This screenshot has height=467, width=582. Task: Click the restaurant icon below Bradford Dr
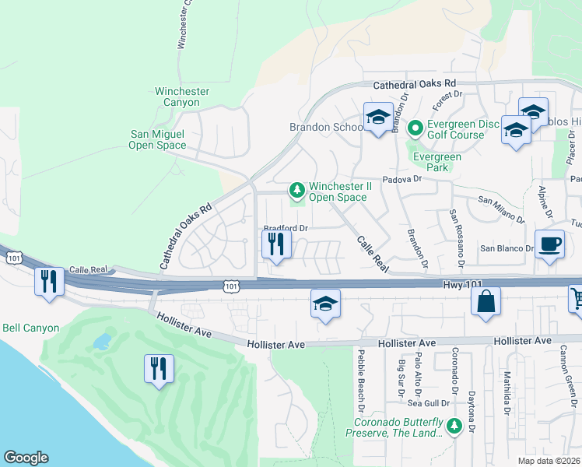pyautogui.click(x=276, y=244)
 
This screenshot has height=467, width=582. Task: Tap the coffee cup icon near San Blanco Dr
pyautogui.click(x=550, y=244)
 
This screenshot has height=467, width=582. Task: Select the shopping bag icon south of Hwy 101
pyautogui.click(x=486, y=302)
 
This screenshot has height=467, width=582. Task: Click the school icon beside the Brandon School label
pyautogui.click(x=378, y=118)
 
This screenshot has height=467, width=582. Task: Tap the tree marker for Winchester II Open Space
pyautogui.click(x=296, y=190)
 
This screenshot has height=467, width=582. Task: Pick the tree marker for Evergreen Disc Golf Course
pyautogui.click(x=415, y=127)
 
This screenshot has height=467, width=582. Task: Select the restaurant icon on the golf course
pyautogui.click(x=160, y=368)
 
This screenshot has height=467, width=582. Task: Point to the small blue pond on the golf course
pyautogui.click(x=101, y=342)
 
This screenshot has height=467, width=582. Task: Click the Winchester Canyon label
pyautogui.click(x=182, y=97)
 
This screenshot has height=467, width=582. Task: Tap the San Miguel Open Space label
pyautogui.click(x=158, y=139)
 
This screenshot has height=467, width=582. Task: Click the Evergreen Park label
pyautogui.click(x=436, y=163)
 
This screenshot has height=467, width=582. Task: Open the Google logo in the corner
pyautogui.click(x=26, y=458)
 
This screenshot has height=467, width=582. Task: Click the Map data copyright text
pyautogui.click(x=549, y=461)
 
